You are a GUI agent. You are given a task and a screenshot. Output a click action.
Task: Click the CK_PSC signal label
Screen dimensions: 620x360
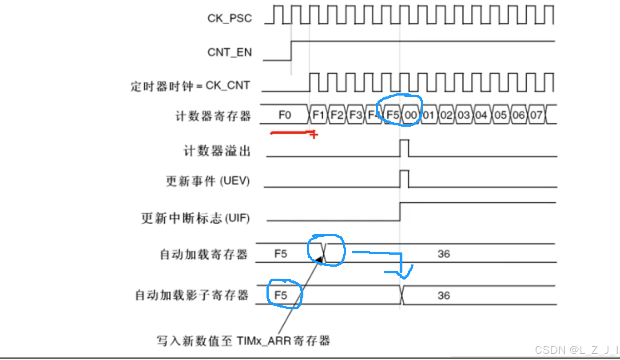(229, 18)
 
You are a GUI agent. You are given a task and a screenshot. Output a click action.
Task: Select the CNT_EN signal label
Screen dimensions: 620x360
(229, 52)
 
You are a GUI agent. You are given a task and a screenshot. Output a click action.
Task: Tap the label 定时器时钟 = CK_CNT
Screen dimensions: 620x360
(190, 85)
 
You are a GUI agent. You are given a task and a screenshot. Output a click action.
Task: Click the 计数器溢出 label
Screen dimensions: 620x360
(217, 151)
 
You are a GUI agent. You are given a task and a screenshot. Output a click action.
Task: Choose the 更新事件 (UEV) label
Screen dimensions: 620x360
(207, 181)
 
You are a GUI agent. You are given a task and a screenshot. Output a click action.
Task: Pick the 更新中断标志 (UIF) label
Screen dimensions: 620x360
(195, 218)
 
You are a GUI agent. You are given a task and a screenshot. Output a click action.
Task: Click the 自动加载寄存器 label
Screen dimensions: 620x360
(203, 254)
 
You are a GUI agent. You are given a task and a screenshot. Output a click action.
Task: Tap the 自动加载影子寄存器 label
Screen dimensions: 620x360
(191, 295)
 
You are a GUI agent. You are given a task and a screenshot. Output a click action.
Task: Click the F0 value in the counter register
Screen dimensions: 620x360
(285, 115)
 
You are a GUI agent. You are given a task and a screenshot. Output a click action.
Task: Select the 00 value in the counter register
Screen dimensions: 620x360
(411, 116)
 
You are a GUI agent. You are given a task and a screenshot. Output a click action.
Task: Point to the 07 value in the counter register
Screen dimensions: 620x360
(537, 116)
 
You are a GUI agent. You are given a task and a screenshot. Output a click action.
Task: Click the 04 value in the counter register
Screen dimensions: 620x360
(481, 116)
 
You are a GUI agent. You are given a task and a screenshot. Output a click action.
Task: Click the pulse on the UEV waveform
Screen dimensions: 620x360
(404, 179)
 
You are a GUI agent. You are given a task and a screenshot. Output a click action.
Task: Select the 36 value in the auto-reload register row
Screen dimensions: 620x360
(443, 254)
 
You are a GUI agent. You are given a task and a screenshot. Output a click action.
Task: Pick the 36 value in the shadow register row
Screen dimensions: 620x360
(443, 296)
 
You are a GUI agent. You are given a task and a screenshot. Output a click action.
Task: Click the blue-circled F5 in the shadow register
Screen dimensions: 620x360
(281, 295)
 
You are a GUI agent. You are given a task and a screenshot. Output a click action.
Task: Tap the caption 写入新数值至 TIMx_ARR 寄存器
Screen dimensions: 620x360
(243, 341)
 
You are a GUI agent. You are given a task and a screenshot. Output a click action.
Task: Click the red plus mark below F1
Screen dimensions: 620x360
(314, 134)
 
